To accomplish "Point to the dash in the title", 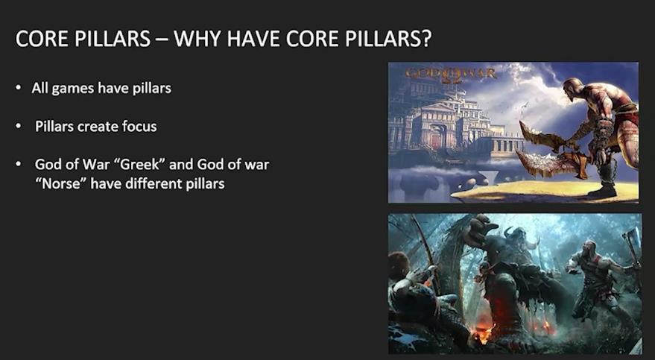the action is tap(162, 40).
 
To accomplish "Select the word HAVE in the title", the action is tap(256, 39).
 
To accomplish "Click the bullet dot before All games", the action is tap(19, 89).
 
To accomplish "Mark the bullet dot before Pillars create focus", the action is tap(19, 126).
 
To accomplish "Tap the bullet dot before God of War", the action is tap(19, 164).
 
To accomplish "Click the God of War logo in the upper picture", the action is tap(451, 75).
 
